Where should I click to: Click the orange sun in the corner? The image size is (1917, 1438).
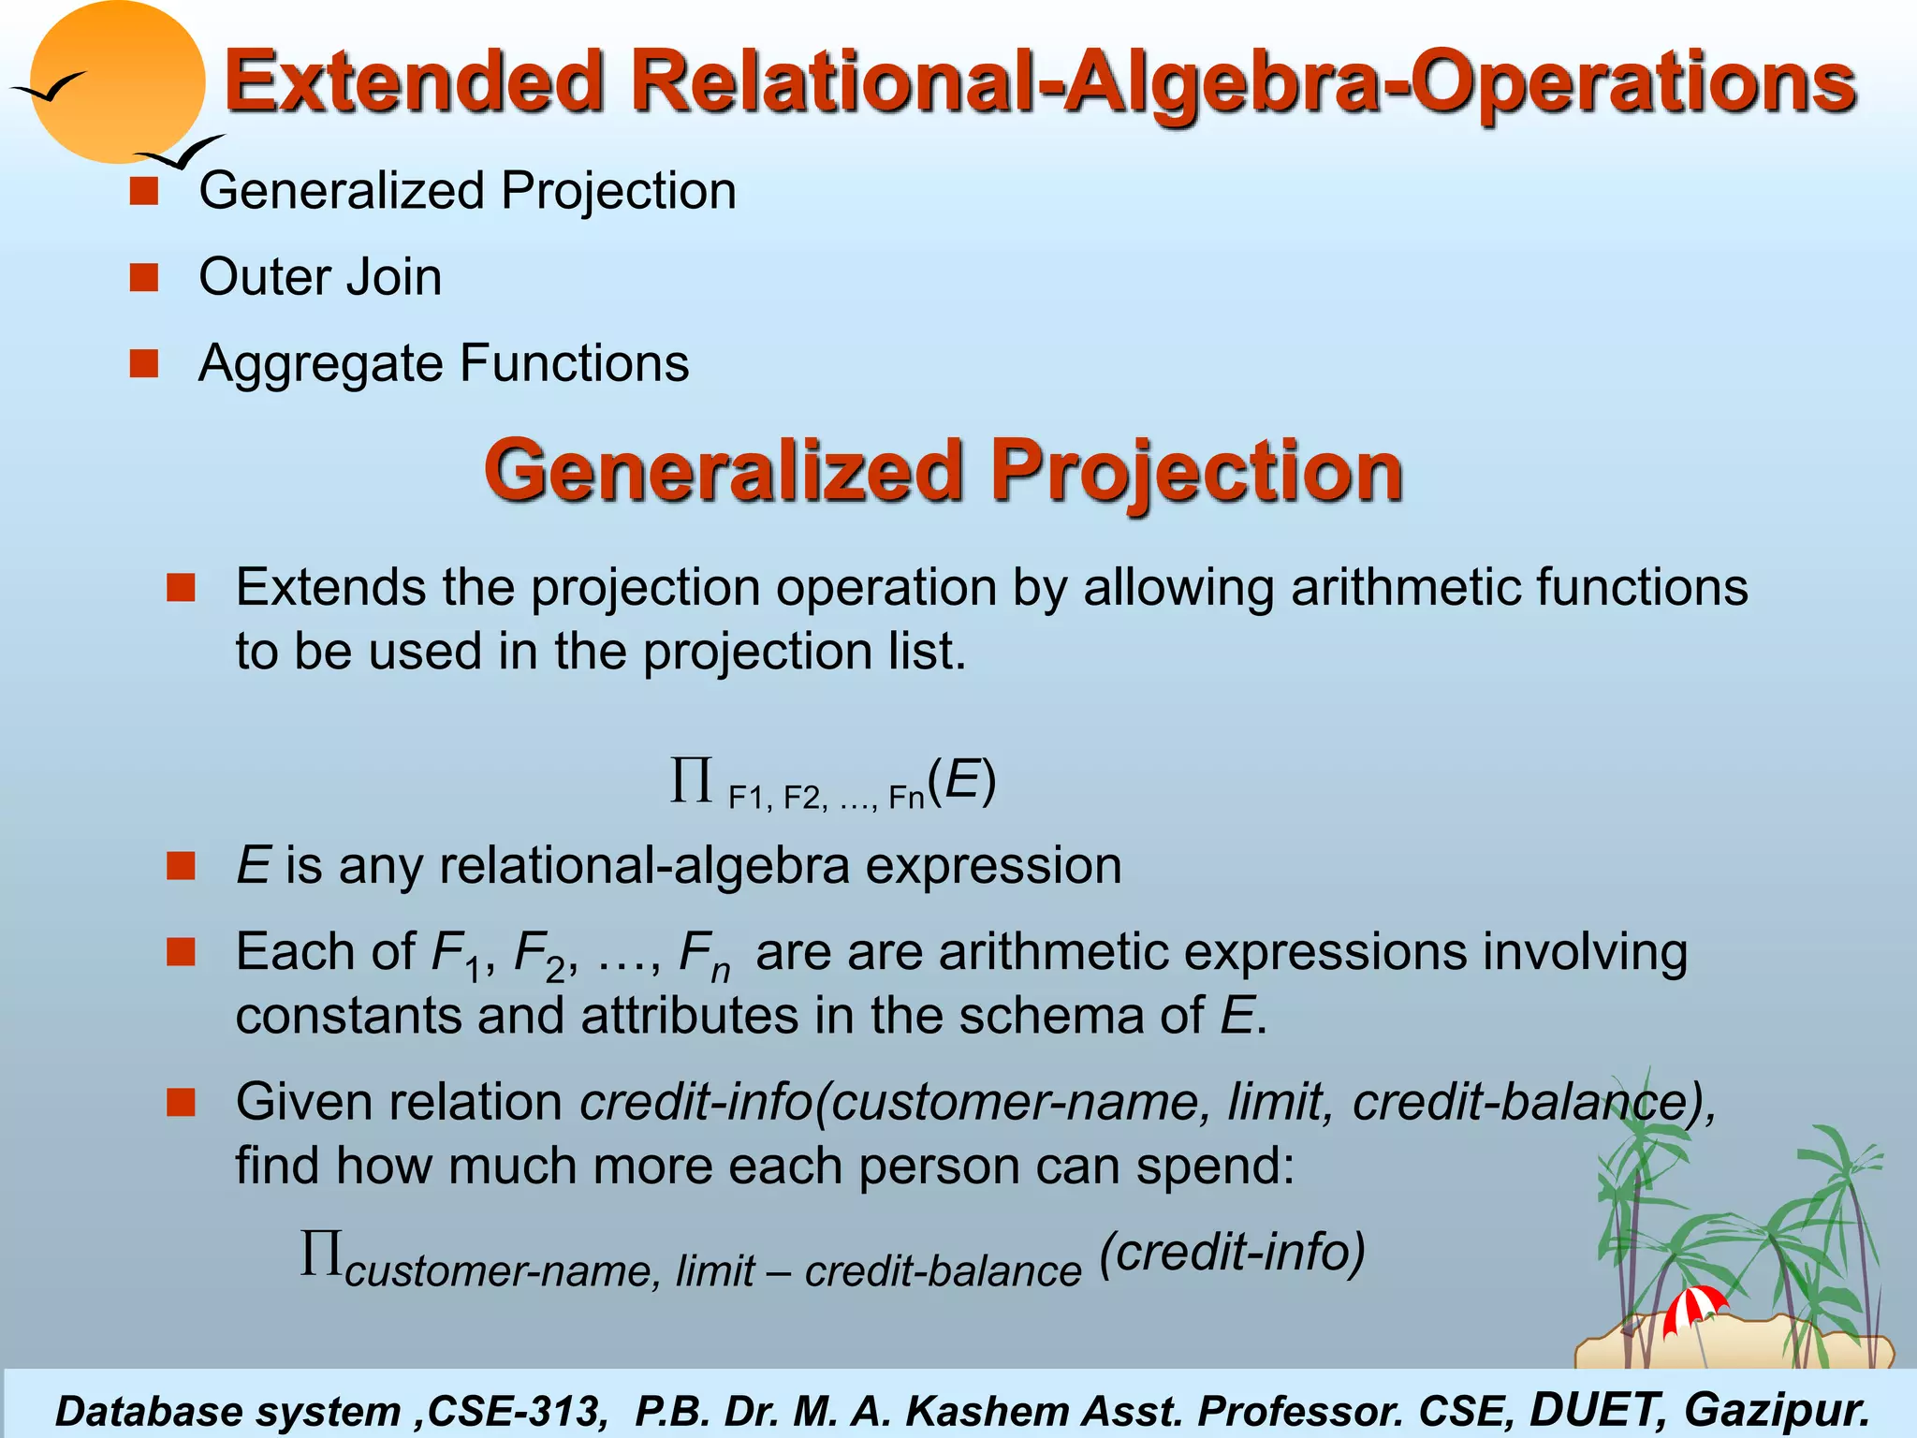coord(117,82)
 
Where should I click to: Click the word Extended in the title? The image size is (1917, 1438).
coord(413,82)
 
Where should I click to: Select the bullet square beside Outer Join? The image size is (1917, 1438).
coord(144,277)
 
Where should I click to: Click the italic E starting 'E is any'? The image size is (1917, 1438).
coord(253,865)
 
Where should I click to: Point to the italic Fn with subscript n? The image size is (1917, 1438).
coord(703,955)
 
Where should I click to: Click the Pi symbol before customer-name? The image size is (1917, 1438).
coord(320,1255)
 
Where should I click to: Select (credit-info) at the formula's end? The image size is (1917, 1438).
coord(1232,1253)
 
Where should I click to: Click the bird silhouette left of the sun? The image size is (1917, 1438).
coord(47,88)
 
